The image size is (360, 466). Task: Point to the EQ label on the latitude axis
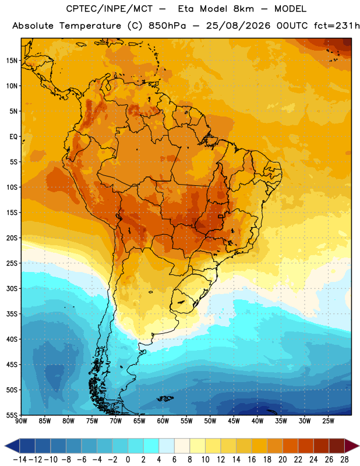point(13,136)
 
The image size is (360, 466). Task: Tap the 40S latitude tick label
point(12,339)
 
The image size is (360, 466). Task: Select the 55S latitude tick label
point(12,415)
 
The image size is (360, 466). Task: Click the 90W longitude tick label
point(21,421)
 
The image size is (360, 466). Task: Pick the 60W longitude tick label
point(163,421)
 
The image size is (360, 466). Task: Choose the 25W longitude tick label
point(328,421)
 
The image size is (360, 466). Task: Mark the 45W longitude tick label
point(234,421)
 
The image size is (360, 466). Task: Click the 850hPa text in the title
point(167,26)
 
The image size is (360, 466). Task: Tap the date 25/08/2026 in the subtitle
point(238,26)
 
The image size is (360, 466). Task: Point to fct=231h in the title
point(337,26)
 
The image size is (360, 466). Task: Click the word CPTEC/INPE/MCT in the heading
point(109,9)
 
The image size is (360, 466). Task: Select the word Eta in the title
point(186,9)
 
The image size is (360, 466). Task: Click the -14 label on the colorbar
point(20,460)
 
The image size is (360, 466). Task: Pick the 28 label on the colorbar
point(344,460)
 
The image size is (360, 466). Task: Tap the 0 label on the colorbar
point(128,460)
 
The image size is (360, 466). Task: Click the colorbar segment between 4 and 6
point(167,446)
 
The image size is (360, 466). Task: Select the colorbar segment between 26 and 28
point(337,446)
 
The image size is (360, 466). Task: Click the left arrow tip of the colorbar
point(5,446)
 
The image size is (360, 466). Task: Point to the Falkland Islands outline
point(165,398)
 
